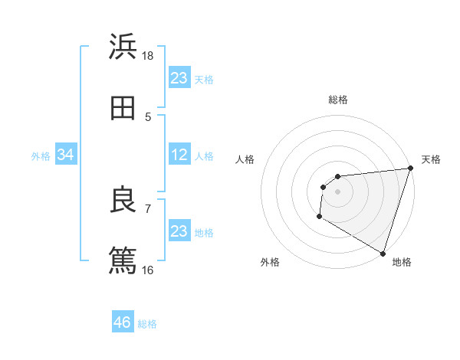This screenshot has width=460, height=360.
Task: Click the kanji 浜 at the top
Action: [x=123, y=47]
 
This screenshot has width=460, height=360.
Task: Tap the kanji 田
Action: [x=123, y=108]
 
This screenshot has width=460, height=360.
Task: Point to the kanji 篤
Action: [x=123, y=260]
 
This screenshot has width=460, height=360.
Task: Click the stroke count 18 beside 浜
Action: [x=148, y=56]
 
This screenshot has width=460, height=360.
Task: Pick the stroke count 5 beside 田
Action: [x=148, y=117]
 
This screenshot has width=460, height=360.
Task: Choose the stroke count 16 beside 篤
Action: [x=148, y=270]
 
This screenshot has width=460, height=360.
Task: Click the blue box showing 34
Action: [x=66, y=155]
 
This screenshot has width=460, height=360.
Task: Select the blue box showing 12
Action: [x=179, y=155]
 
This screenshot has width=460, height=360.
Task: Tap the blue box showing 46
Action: [x=123, y=322]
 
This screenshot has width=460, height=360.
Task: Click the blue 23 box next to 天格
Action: [x=179, y=78]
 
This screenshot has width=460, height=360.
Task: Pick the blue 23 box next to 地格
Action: [x=179, y=231]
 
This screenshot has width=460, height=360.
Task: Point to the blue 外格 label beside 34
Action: [x=41, y=156]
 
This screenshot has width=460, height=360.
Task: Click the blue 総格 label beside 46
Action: [x=147, y=324]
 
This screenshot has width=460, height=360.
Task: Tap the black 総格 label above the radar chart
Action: [x=338, y=100]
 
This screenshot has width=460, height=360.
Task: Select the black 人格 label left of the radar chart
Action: [x=245, y=159]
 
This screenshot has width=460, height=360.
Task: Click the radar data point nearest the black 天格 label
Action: [x=411, y=169]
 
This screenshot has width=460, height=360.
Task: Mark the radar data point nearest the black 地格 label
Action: [x=383, y=253]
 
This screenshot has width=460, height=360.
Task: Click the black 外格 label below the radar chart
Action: [x=270, y=262]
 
